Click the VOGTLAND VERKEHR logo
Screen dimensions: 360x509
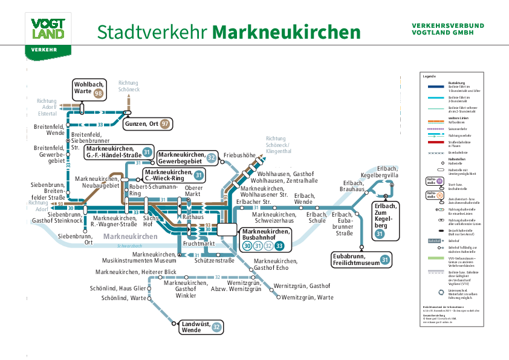48,36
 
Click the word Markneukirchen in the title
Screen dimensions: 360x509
287,31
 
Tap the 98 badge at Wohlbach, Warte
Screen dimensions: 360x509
98,93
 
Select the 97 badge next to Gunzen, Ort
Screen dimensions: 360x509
164,124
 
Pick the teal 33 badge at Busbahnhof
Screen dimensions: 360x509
279,246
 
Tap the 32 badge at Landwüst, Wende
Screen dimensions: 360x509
216,327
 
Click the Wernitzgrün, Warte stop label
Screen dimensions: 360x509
308,297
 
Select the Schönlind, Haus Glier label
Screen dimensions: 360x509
118,288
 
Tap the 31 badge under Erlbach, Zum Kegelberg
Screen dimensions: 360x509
380,234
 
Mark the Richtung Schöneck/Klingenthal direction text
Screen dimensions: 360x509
279,145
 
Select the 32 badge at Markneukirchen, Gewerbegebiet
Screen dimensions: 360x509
211,158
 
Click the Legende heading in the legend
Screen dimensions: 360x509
429,77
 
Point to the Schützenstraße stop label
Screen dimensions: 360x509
215,261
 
